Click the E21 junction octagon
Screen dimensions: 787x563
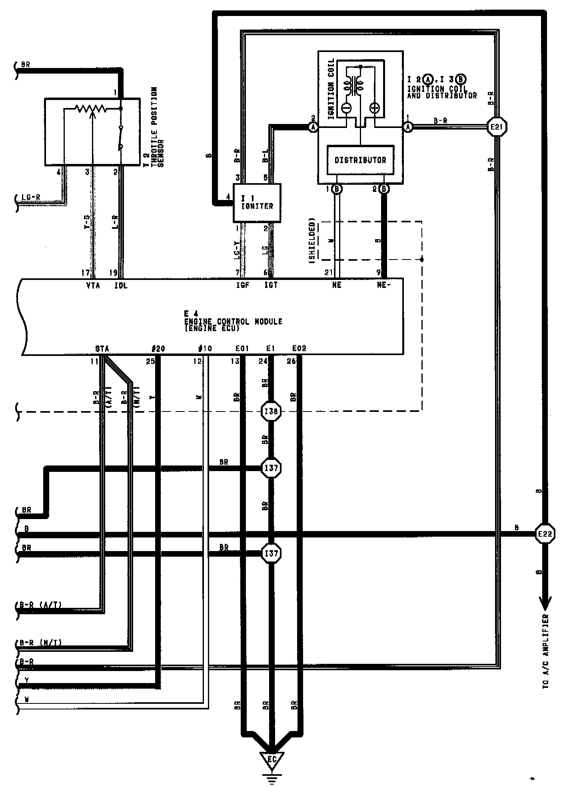tap(496, 127)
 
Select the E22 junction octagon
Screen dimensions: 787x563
tap(545, 533)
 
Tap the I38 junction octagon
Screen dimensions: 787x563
tap(271, 411)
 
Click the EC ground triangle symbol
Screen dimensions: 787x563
tap(272, 759)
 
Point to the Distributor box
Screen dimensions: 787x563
tap(360, 160)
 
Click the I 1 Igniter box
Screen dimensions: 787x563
tap(257, 203)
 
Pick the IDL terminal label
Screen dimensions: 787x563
tap(120, 286)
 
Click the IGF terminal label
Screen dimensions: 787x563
tap(242, 285)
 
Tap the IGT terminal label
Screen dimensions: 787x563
tap(271, 285)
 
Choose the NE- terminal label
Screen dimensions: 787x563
tap(384, 285)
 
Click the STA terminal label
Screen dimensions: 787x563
tap(102, 349)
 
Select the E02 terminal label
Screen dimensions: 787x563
tap(299, 348)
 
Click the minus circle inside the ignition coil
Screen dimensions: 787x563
tap(346, 108)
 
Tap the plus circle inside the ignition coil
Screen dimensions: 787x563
tap(375, 108)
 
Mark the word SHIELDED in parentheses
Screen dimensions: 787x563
tap(312, 240)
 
